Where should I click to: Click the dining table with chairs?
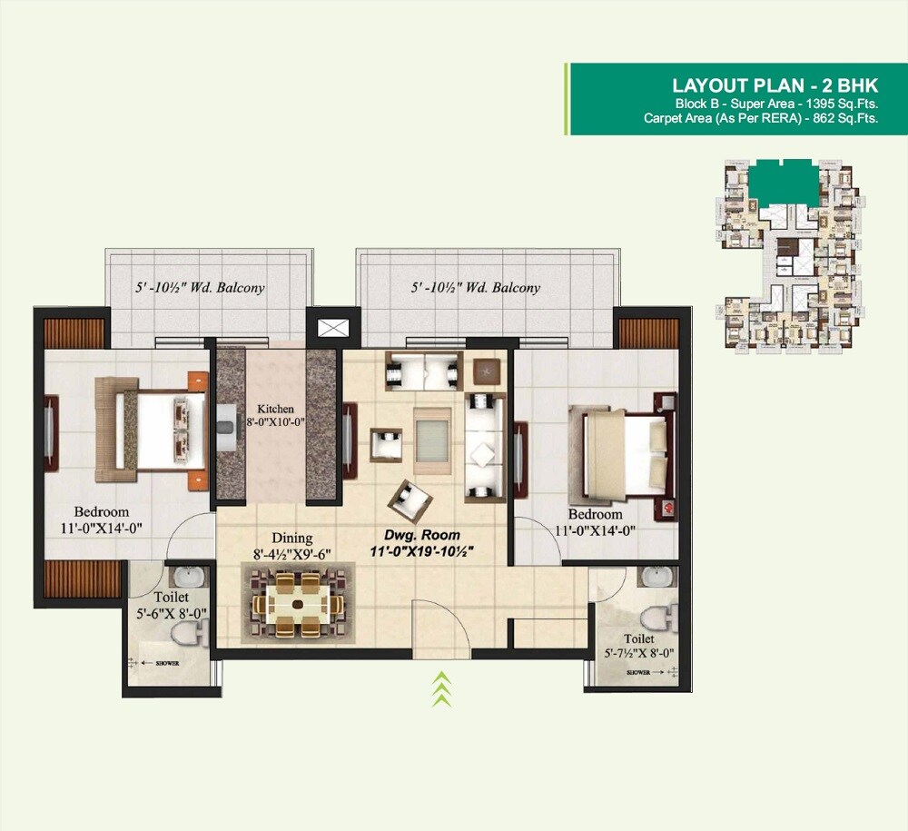[297, 602]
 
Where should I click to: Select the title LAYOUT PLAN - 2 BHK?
[775, 85]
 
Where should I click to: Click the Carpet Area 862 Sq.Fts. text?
[760, 118]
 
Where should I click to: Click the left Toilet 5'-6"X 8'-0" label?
[171, 605]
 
